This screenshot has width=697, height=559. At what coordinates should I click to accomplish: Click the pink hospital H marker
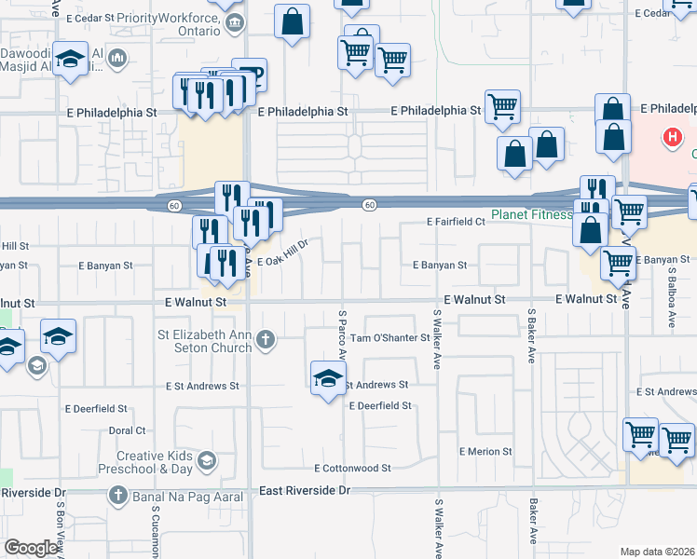coord(672,140)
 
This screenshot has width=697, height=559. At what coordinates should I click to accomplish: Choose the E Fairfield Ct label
coord(456,223)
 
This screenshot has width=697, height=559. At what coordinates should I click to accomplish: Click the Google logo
coord(31,548)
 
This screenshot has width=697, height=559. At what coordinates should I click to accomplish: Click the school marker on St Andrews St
coord(327,378)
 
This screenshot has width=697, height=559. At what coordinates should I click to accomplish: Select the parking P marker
coord(249,75)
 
